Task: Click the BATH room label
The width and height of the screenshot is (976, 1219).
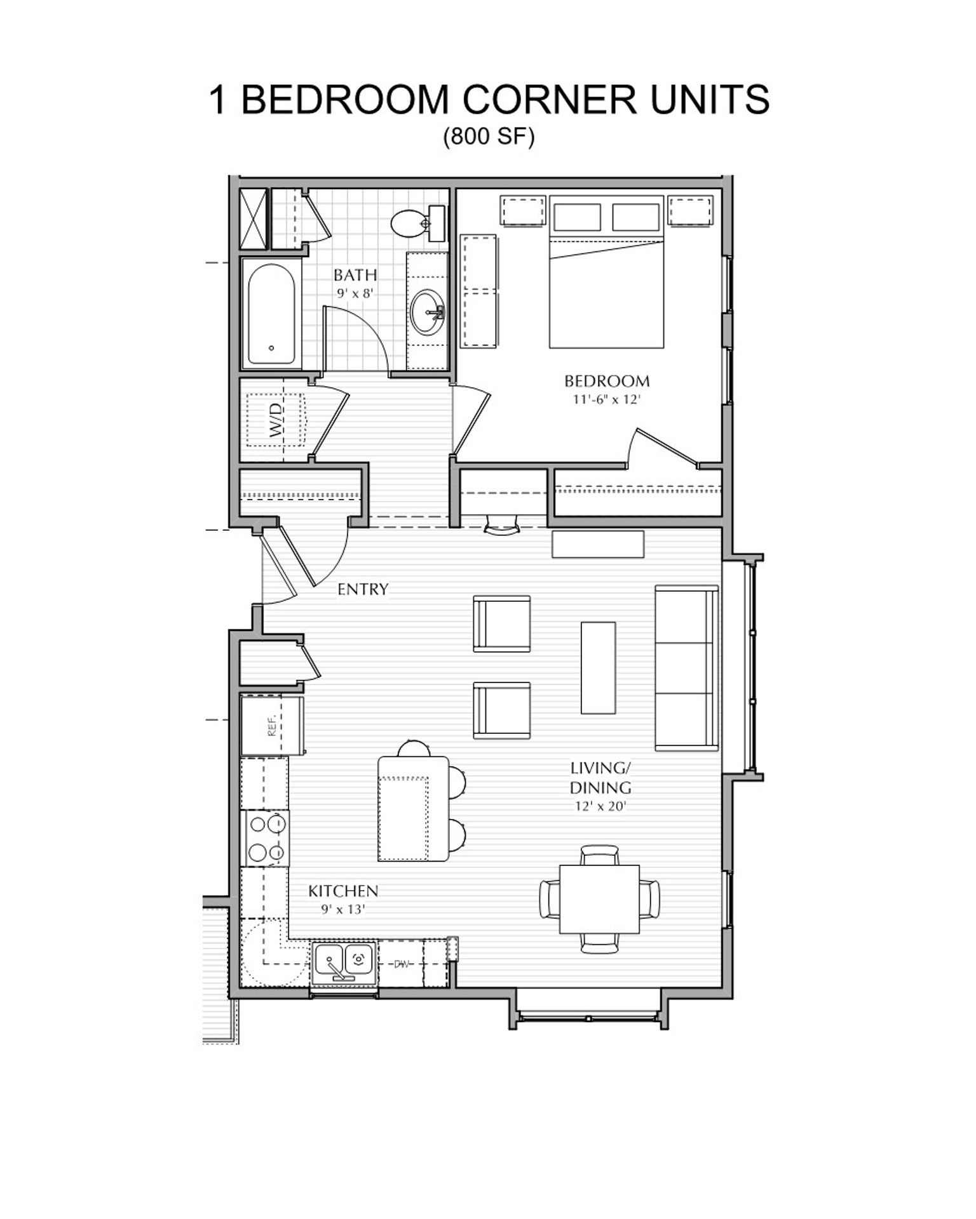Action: point(355,275)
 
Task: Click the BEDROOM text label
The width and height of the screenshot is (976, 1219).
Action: point(607,381)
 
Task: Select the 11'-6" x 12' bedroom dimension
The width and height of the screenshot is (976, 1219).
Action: point(607,400)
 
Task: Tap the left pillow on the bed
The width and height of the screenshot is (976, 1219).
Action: point(577,217)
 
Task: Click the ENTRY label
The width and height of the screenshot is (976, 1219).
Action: point(362,589)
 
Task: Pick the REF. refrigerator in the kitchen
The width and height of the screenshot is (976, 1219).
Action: point(272,725)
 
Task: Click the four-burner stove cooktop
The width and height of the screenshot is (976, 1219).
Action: point(265,837)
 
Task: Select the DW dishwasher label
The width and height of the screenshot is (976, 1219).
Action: point(401,964)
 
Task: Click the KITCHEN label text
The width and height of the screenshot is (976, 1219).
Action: point(343,891)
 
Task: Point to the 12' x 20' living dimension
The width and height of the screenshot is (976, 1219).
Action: point(600,807)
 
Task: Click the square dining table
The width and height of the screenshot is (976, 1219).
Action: point(599,899)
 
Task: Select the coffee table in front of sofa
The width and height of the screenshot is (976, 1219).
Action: point(598,667)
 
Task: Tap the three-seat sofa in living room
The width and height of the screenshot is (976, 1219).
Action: point(686,667)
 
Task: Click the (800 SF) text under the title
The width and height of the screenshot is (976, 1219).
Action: point(488,136)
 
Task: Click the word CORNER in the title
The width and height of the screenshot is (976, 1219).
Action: point(550,100)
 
